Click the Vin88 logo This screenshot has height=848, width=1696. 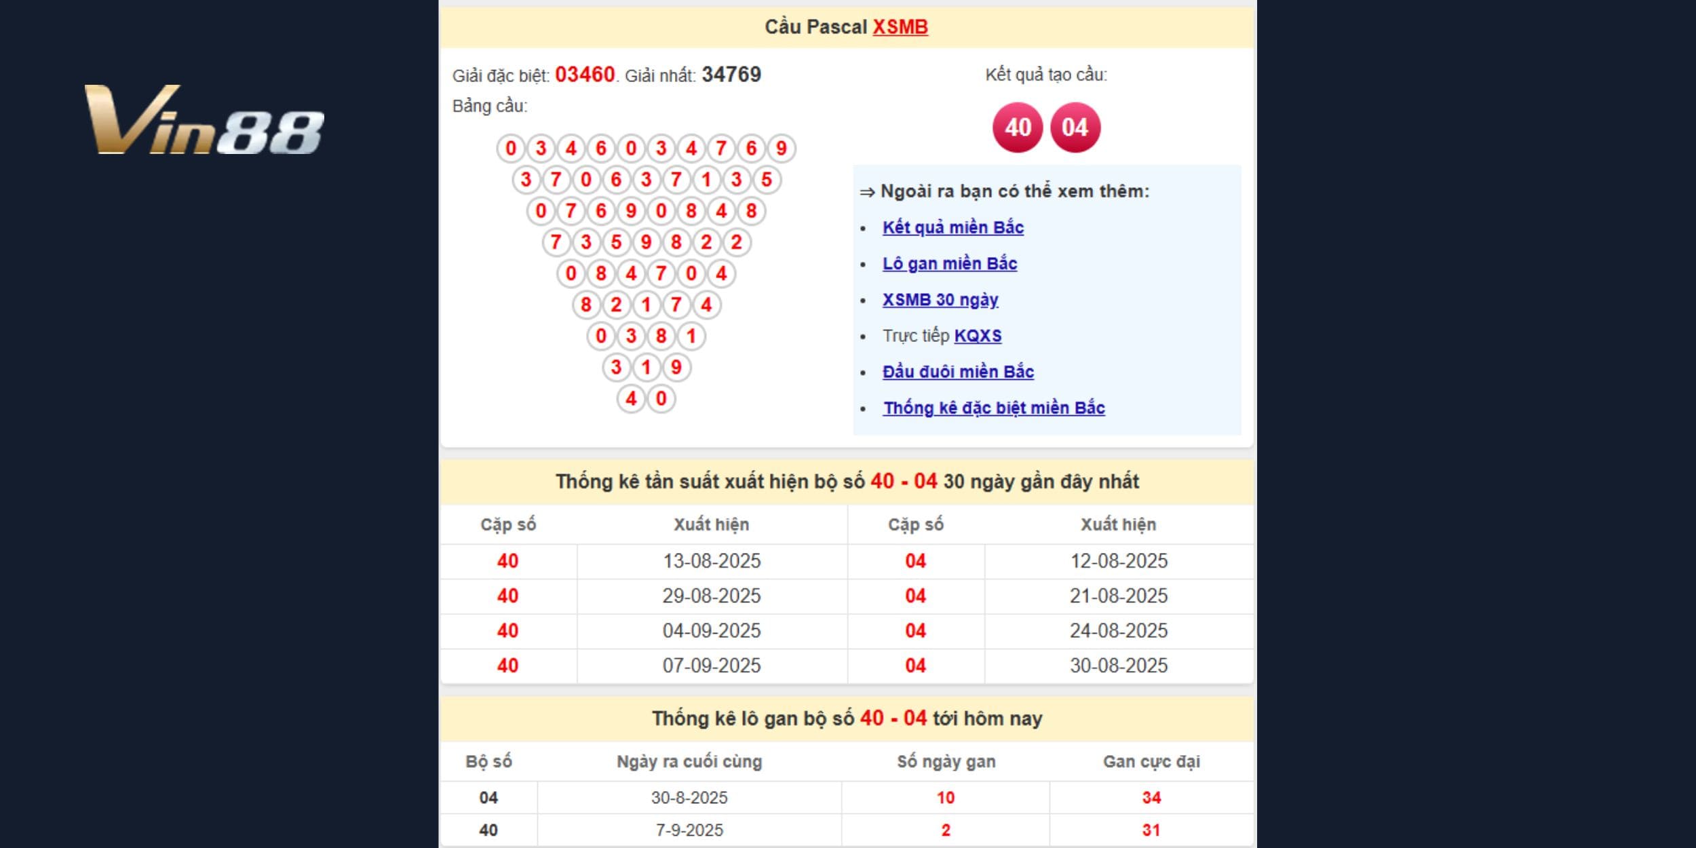(x=204, y=120)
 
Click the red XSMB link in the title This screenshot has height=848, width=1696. (x=900, y=27)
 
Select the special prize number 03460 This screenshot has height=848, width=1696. (x=585, y=75)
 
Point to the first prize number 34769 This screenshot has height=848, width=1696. (x=731, y=75)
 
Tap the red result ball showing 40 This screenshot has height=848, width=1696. (x=1018, y=128)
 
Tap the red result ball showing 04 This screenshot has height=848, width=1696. (x=1075, y=128)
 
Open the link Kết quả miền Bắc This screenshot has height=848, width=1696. (x=952, y=227)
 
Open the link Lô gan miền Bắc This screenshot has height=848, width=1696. (x=949, y=263)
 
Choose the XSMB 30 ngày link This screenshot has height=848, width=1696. (x=940, y=299)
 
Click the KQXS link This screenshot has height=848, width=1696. (x=978, y=336)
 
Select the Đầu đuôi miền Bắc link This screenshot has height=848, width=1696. (x=958, y=372)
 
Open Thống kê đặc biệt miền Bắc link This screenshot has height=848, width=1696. (x=994, y=408)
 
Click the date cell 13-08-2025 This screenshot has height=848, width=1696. (x=712, y=561)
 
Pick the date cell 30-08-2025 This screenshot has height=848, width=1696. (x=1119, y=666)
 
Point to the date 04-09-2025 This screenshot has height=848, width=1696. (x=712, y=631)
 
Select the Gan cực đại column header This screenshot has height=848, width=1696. (x=1151, y=761)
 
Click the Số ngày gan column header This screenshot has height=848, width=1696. (x=946, y=761)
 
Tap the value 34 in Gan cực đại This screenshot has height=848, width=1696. (x=1151, y=798)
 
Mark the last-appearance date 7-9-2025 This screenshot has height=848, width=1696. (x=689, y=830)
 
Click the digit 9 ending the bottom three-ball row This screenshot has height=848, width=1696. (x=676, y=368)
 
